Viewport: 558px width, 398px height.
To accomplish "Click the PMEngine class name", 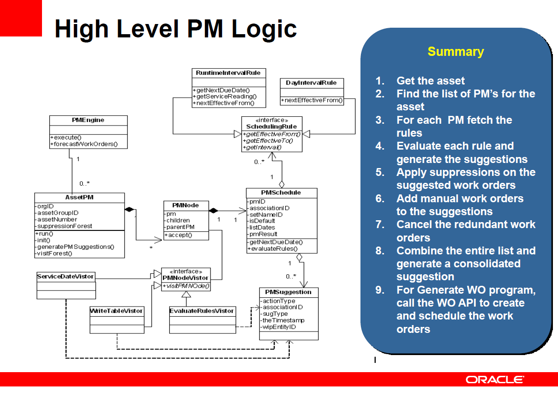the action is tap(88, 120).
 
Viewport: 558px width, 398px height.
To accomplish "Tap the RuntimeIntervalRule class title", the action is tap(228, 73).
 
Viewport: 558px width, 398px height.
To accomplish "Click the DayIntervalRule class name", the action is tap(311, 83).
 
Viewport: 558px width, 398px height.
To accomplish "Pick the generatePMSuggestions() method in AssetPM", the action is tap(75, 247).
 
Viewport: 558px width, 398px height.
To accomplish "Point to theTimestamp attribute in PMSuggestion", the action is tap(283, 320).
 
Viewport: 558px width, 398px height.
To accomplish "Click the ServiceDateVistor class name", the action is tap(65, 277).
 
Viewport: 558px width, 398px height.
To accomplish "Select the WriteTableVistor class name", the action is tap(116, 311).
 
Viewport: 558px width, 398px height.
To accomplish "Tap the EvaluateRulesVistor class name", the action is tap(202, 311).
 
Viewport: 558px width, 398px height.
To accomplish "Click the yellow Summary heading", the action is tap(456, 52).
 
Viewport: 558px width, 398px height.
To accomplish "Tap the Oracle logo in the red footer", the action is tap(495, 380).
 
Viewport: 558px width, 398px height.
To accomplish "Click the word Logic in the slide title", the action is tap(264, 30).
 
